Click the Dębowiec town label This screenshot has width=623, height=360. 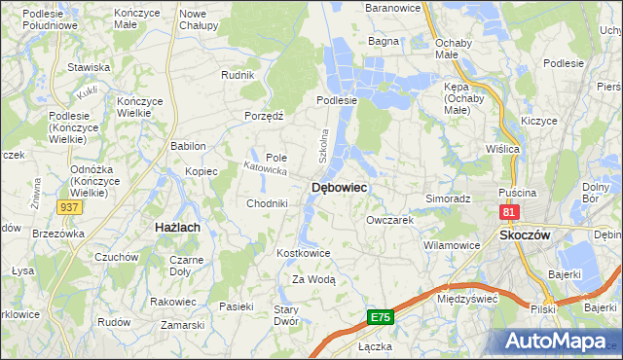pyautogui.click(x=338, y=188)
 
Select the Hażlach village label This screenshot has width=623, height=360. pyautogui.click(x=177, y=227)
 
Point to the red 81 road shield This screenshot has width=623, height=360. pyautogui.click(x=508, y=211)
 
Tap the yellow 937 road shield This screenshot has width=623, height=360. pyautogui.click(x=68, y=207)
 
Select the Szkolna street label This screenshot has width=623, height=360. pyautogui.click(x=325, y=145)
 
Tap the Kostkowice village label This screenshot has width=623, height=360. pyautogui.click(x=305, y=253)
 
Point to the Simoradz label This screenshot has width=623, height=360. pyautogui.click(x=448, y=198)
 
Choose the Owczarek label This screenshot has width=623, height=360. pyautogui.click(x=390, y=221)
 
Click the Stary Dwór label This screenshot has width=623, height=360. pyautogui.click(x=285, y=314)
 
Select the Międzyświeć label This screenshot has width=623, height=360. pyautogui.click(x=468, y=299)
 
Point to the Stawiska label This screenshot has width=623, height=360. pyautogui.click(x=88, y=67)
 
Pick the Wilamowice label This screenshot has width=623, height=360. pyautogui.click(x=452, y=245)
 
